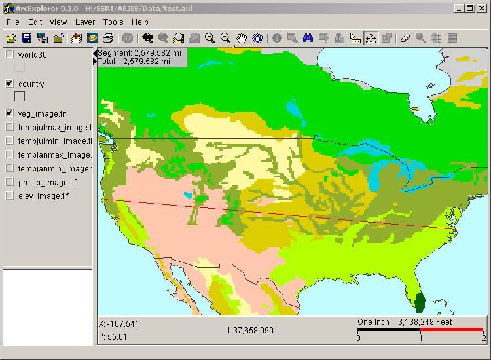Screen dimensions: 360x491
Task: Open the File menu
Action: (x=12, y=22)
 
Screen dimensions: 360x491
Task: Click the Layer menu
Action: (x=85, y=22)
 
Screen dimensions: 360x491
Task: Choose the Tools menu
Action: (x=113, y=22)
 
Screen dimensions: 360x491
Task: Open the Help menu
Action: (x=140, y=22)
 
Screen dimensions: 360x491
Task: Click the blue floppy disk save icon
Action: (x=27, y=39)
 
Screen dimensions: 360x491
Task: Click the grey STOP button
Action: (x=128, y=39)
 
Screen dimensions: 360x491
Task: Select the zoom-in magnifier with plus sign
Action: (x=209, y=39)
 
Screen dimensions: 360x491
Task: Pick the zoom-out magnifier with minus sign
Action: (x=225, y=39)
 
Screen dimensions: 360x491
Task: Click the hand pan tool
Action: (x=242, y=39)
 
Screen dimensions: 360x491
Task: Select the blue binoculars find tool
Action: (x=307, y=39)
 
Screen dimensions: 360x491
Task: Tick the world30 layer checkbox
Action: (x=10, y=55)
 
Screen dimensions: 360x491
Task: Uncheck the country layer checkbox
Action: (x=10, y=84)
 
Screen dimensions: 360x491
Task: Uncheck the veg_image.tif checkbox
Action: (x=10, y=113)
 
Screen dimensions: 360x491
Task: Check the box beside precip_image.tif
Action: (x=10, y=182)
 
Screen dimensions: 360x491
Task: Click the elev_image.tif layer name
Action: (x=43, y=196)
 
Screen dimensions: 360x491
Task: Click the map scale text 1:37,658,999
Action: (x=249, y=331)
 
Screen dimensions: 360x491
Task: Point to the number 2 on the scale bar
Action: (x=484, y=338)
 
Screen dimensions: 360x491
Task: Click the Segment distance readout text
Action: (x=139, y=52)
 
